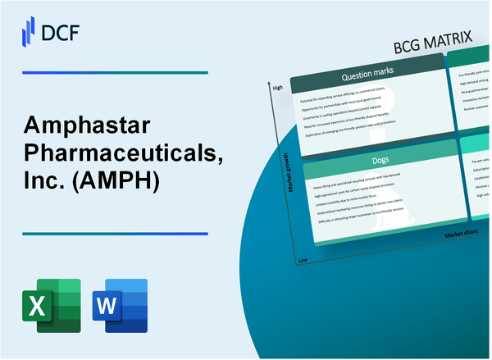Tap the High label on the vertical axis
tap(277, 87)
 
